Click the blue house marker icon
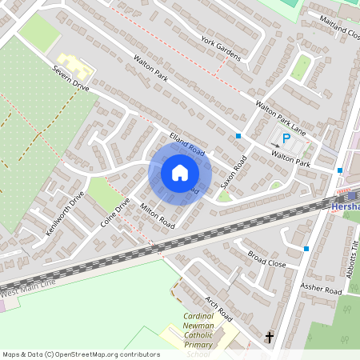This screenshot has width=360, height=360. pos(180,172)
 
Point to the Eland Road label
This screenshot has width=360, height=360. pos(187,143)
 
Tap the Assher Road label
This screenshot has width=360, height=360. pos(321,286)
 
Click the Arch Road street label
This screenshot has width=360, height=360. pos(218,306)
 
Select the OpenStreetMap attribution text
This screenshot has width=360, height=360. pos(80,354)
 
